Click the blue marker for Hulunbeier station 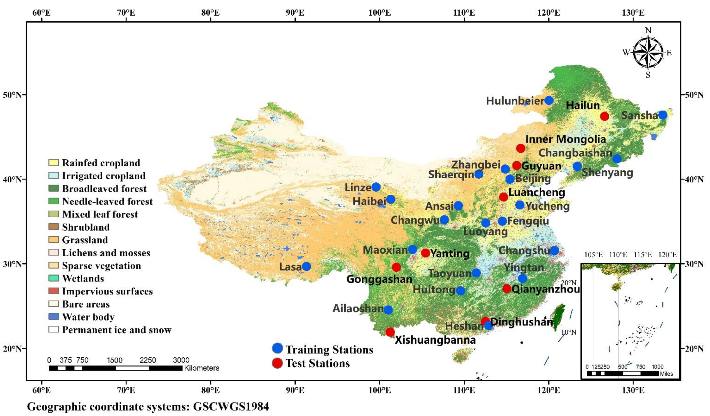click(549, 100)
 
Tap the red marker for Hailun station click(604, 116)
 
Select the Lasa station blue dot click(307, 266)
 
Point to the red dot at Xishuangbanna click(390, 332)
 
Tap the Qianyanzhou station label click(545, 289)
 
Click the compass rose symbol click(648, 53)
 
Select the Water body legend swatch click(53, 317)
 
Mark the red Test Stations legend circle click(277, 363)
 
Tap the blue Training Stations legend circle click(277, 348)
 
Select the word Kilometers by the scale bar click(201, 368)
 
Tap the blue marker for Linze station click(376, 187)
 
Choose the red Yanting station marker click(425, 253)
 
